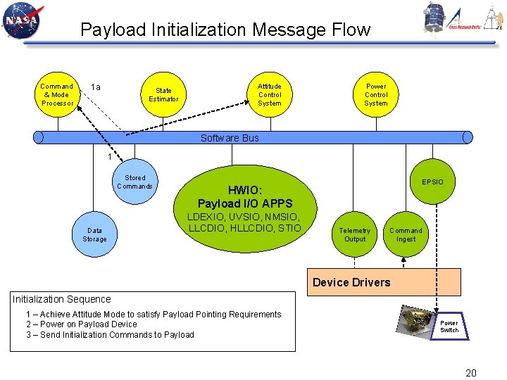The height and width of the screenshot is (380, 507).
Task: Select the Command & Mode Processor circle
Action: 57,95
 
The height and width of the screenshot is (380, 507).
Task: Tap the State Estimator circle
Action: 163,95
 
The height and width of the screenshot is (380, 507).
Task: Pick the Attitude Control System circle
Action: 270,95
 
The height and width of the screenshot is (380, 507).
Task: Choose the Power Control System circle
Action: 376,95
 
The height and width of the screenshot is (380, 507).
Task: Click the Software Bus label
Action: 230,138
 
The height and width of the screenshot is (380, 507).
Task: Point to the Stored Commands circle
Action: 134,182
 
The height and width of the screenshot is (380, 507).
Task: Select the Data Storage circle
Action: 94,235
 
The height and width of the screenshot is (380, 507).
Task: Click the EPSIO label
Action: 432,182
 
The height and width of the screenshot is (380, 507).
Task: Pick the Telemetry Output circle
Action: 355,235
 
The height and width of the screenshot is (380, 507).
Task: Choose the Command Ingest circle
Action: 406,235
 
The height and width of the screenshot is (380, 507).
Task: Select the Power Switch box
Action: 449,327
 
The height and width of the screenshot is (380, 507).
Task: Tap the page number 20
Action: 471,372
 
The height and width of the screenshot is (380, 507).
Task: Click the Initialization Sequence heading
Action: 62,299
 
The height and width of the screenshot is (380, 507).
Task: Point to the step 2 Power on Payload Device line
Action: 82,324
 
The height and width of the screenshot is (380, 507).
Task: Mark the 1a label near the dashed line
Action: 95,87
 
